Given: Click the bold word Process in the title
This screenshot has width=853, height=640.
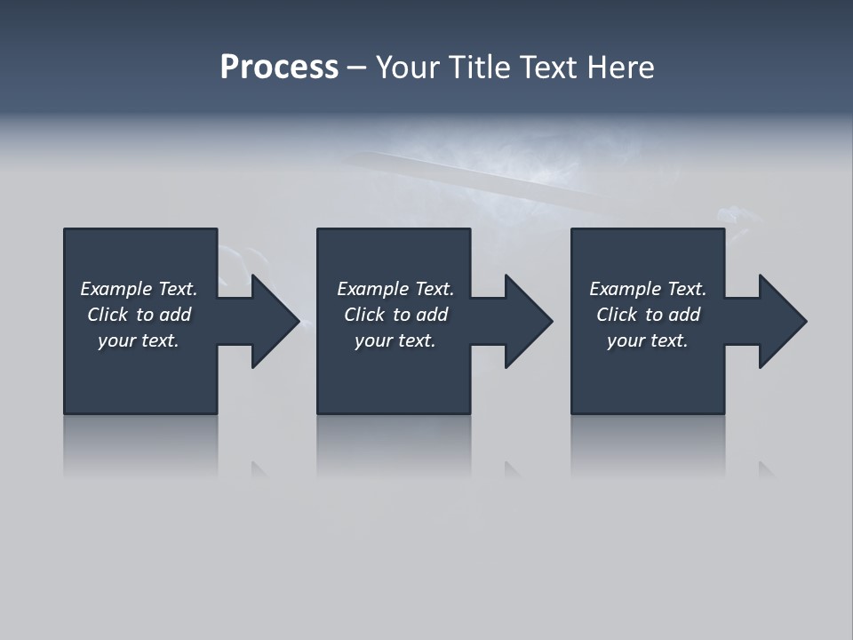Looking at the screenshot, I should [279, 68].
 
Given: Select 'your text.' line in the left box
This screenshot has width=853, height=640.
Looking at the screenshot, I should [139, 340].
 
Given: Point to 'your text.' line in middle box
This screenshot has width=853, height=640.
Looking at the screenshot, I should [395, 340].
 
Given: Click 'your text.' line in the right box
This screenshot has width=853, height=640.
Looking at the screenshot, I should [648, 340].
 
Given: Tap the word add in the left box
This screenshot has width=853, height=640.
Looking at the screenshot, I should [175, 315].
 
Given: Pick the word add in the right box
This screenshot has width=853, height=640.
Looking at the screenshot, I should [684, 315].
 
